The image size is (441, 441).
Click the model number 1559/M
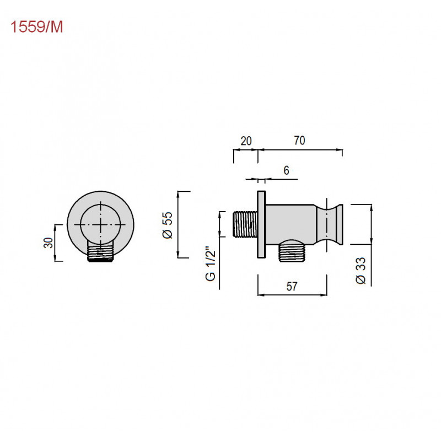36,27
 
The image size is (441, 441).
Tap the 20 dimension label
246,141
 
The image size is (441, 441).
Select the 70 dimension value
299,141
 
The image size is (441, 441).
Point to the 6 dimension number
286,170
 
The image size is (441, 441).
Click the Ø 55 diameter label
168,225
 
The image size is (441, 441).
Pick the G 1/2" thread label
211,263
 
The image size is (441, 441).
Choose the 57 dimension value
292,286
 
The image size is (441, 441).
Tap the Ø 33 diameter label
361,270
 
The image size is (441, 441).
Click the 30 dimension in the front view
48,243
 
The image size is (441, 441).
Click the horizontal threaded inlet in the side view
245,224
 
